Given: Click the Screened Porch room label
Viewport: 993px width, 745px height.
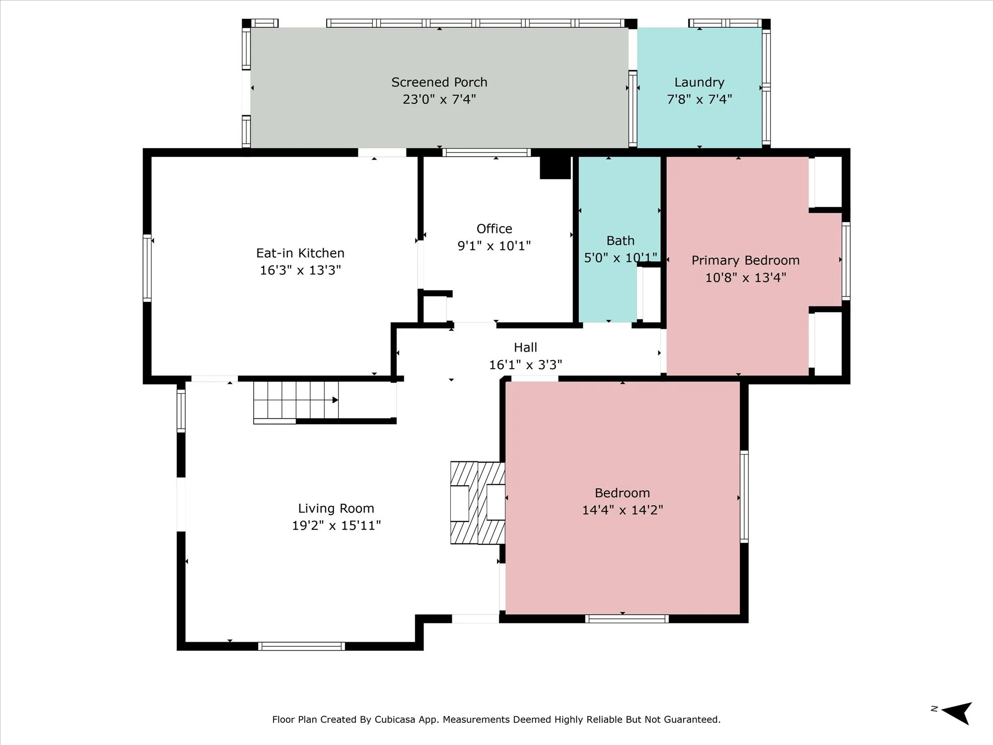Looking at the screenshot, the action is pos(439,82).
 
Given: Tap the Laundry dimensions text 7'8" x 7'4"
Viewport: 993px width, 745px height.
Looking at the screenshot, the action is pos(699,99).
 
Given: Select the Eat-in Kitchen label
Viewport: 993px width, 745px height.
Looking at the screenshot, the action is pos(300,253).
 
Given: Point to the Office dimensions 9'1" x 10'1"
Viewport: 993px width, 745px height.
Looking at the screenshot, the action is pos(494,246).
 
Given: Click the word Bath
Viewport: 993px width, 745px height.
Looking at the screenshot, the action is pos(621,241).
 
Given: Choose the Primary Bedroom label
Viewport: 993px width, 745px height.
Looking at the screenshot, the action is pos(745,261).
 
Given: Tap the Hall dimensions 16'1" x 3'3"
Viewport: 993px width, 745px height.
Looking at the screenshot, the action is pos(525,365).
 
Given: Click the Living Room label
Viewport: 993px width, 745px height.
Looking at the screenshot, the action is pos(336,509).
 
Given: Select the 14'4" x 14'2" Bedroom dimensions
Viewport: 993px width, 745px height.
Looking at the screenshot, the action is pos(623,510).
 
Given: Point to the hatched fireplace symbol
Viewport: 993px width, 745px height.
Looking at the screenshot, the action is pos(478,503).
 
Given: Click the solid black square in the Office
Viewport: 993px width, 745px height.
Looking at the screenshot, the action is pos(555,168).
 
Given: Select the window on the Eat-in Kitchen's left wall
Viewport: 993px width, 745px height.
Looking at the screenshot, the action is pos(147,268).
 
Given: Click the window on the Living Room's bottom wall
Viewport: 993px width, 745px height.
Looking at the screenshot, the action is pos(301,646).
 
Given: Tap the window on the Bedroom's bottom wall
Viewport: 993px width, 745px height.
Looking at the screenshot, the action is pos(627,619).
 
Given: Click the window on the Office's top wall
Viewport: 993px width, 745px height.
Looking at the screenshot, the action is pos(487,152).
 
